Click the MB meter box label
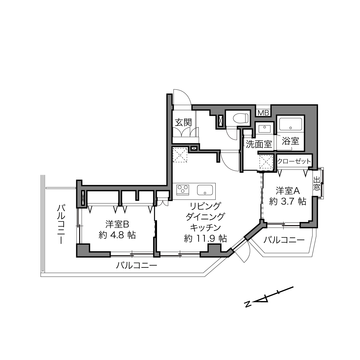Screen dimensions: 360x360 pos(263,113)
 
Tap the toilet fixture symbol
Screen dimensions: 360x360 pos(241,118)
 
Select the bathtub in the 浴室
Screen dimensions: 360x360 pos(290,124)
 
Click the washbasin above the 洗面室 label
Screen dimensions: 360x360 pos(265,129)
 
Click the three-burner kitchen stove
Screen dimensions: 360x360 pos(183,190)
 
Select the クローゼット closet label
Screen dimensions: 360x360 pos(294,161)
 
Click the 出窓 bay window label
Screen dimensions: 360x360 pos(317,184)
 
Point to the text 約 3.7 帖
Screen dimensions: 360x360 pos(288,202)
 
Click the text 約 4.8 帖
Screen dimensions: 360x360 pos(117,235)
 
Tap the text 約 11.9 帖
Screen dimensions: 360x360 pos(205,239)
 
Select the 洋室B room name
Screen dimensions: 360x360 pos(117,224)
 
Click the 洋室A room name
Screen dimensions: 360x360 pos(288,191)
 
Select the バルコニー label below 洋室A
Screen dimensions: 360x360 pos(284,240)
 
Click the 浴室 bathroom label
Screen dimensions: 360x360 pos(290,141)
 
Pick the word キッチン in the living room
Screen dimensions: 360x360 pos(205,228)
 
